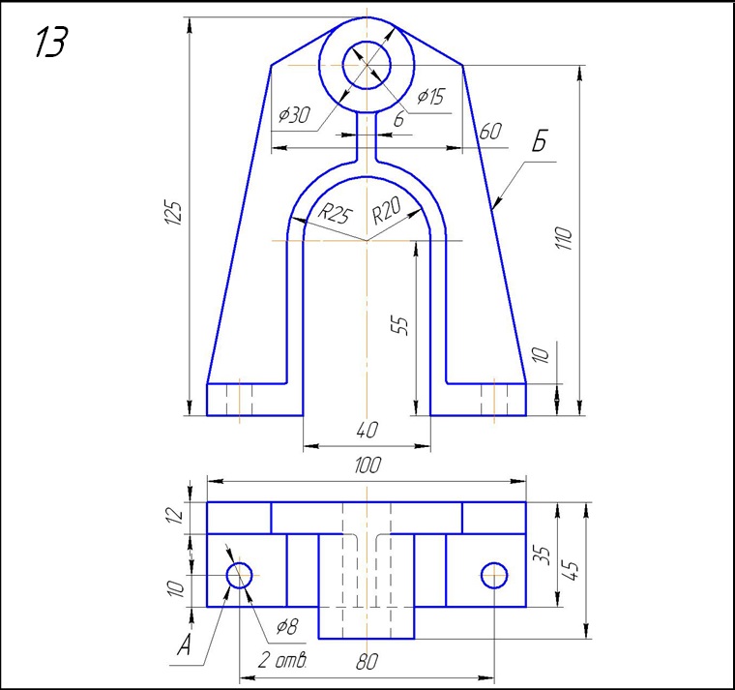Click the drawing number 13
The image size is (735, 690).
pyautogui.click(x=51, y=42)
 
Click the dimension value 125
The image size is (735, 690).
pyautogui.click(x=173, y=213)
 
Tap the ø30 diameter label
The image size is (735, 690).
pyautogui.click(x=294, y=114)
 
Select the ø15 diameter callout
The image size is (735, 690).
pyautogui.click(x=430, y=96)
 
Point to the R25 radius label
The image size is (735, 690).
pyautogui.click(x=335, y=214)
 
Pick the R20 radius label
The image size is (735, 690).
pyautogui.click(x=387, y=211)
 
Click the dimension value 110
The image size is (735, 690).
pyautogui.click(x=565, y=238)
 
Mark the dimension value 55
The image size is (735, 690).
pyautogui.click(x=399, y=325)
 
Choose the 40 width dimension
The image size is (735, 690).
pyautogui.click(x=367, y=430)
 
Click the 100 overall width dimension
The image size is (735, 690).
pyautogui.click(x=367, y=465)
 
